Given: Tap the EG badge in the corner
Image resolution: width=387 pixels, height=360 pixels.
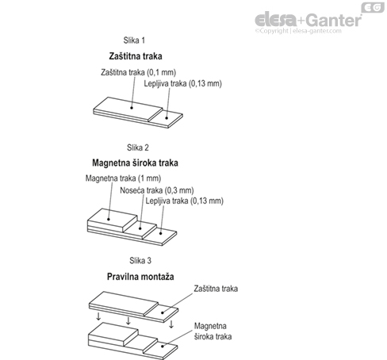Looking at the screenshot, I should tap(370, 9).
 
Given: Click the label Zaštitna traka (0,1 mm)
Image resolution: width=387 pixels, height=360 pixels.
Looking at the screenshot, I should tap(140, 72).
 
